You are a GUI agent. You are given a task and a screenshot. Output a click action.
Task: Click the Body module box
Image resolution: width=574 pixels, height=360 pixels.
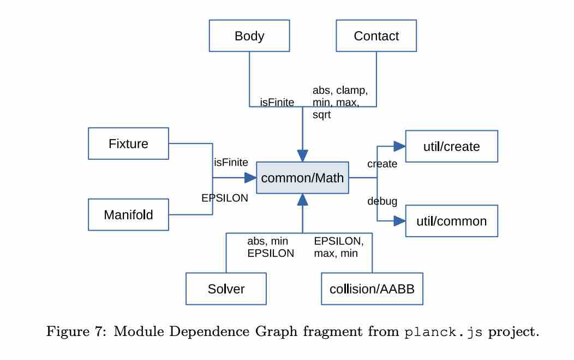point(249,37)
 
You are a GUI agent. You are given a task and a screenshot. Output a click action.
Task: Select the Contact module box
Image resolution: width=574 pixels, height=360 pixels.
point(376,37)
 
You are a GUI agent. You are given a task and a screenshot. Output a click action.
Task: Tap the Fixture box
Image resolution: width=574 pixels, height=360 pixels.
point(128,143)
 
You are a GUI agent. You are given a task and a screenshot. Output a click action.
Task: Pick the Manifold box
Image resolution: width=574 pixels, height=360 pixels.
point(128,214)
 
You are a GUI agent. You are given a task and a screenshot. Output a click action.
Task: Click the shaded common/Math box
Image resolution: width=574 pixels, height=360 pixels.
point(302,178)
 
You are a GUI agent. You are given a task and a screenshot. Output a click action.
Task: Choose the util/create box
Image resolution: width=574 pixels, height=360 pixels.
point(451,146)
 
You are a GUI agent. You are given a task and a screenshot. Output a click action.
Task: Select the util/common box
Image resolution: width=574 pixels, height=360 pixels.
point(451,221)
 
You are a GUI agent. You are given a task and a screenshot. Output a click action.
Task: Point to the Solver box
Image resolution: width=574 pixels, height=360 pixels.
point(226,289)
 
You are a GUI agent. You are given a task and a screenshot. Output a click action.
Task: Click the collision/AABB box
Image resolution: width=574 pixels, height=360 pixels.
point(372,289)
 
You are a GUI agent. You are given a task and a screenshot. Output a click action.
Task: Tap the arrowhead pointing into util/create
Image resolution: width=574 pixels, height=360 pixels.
point(400,146)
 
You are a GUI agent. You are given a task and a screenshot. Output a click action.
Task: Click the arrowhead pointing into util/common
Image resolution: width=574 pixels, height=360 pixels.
point(400,221)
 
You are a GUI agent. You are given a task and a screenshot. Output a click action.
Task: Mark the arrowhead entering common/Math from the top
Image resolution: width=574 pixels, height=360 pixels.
point(302,154)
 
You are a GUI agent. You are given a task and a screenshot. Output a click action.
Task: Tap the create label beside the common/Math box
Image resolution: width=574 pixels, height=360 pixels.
point(382,164)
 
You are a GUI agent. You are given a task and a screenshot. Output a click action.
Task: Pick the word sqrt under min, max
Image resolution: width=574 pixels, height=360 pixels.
point(322,116)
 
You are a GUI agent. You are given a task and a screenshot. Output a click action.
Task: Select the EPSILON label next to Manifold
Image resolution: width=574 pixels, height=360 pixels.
point(225,199)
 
